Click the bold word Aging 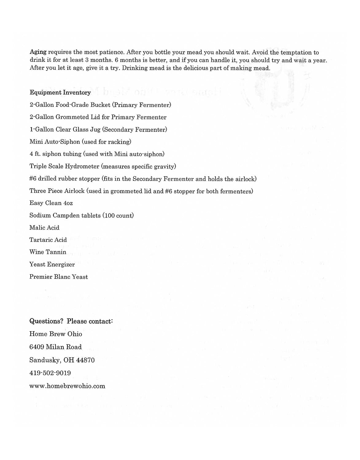[38, 52]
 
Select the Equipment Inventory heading [60, 93]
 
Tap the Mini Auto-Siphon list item [80, 142]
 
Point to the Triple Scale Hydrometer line [103, 166]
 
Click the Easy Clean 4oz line [51, 203]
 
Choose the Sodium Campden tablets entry [81, 215]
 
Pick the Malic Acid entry [44, 228]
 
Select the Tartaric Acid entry [48, 240]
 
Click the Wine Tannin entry [48, 252]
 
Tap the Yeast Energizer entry [52, 264]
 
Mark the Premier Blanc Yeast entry [58, 277]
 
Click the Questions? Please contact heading [71, 321]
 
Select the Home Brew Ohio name [56, 334]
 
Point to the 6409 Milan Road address [56, 347]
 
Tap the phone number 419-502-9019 [50, 373]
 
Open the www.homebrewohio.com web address [67, 386]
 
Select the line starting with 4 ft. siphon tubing [97, 154]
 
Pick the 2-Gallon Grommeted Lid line [98, 117]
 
